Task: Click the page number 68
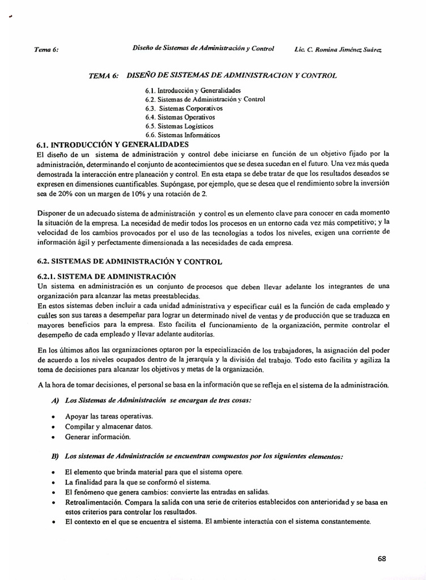[x=382, y=558]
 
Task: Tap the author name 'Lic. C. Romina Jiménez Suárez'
[x=339, y=49]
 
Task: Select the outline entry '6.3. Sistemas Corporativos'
[x=184, y=108]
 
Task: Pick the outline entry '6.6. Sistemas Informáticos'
[x=182, y=135]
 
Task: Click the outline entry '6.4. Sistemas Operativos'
[x=180, y=117]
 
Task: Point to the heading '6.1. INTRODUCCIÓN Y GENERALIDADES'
[x=112, y=145]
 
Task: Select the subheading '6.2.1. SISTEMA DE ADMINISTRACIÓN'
[x=106, y=276]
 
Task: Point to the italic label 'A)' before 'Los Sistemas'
[x=56, y=400]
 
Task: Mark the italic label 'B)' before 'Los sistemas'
[x=56, y=456]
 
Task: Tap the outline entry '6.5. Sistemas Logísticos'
[x=180, y=126]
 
